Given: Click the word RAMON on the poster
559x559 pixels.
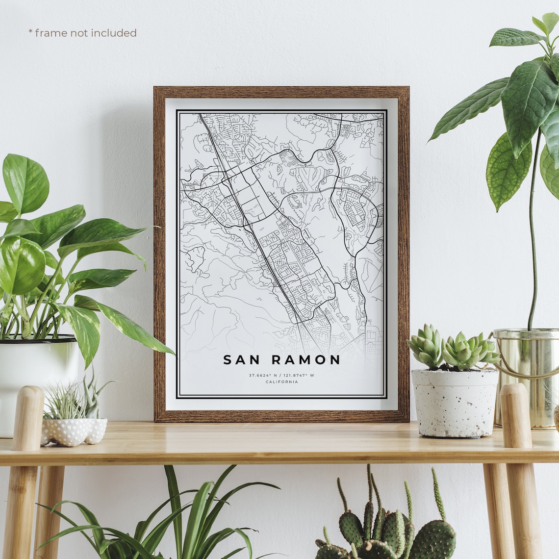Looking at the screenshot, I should pos(306,360).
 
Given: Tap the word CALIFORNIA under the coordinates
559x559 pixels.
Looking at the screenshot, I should pos(281,382).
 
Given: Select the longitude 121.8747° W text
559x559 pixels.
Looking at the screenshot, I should pos(300,376).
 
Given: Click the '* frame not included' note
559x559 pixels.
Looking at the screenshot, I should pos(82,33).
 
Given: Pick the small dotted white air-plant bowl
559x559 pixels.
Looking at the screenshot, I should pos(74,431).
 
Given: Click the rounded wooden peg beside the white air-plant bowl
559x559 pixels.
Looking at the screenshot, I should pos(28,417).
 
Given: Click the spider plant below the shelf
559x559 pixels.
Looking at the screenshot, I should pos(196,520).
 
